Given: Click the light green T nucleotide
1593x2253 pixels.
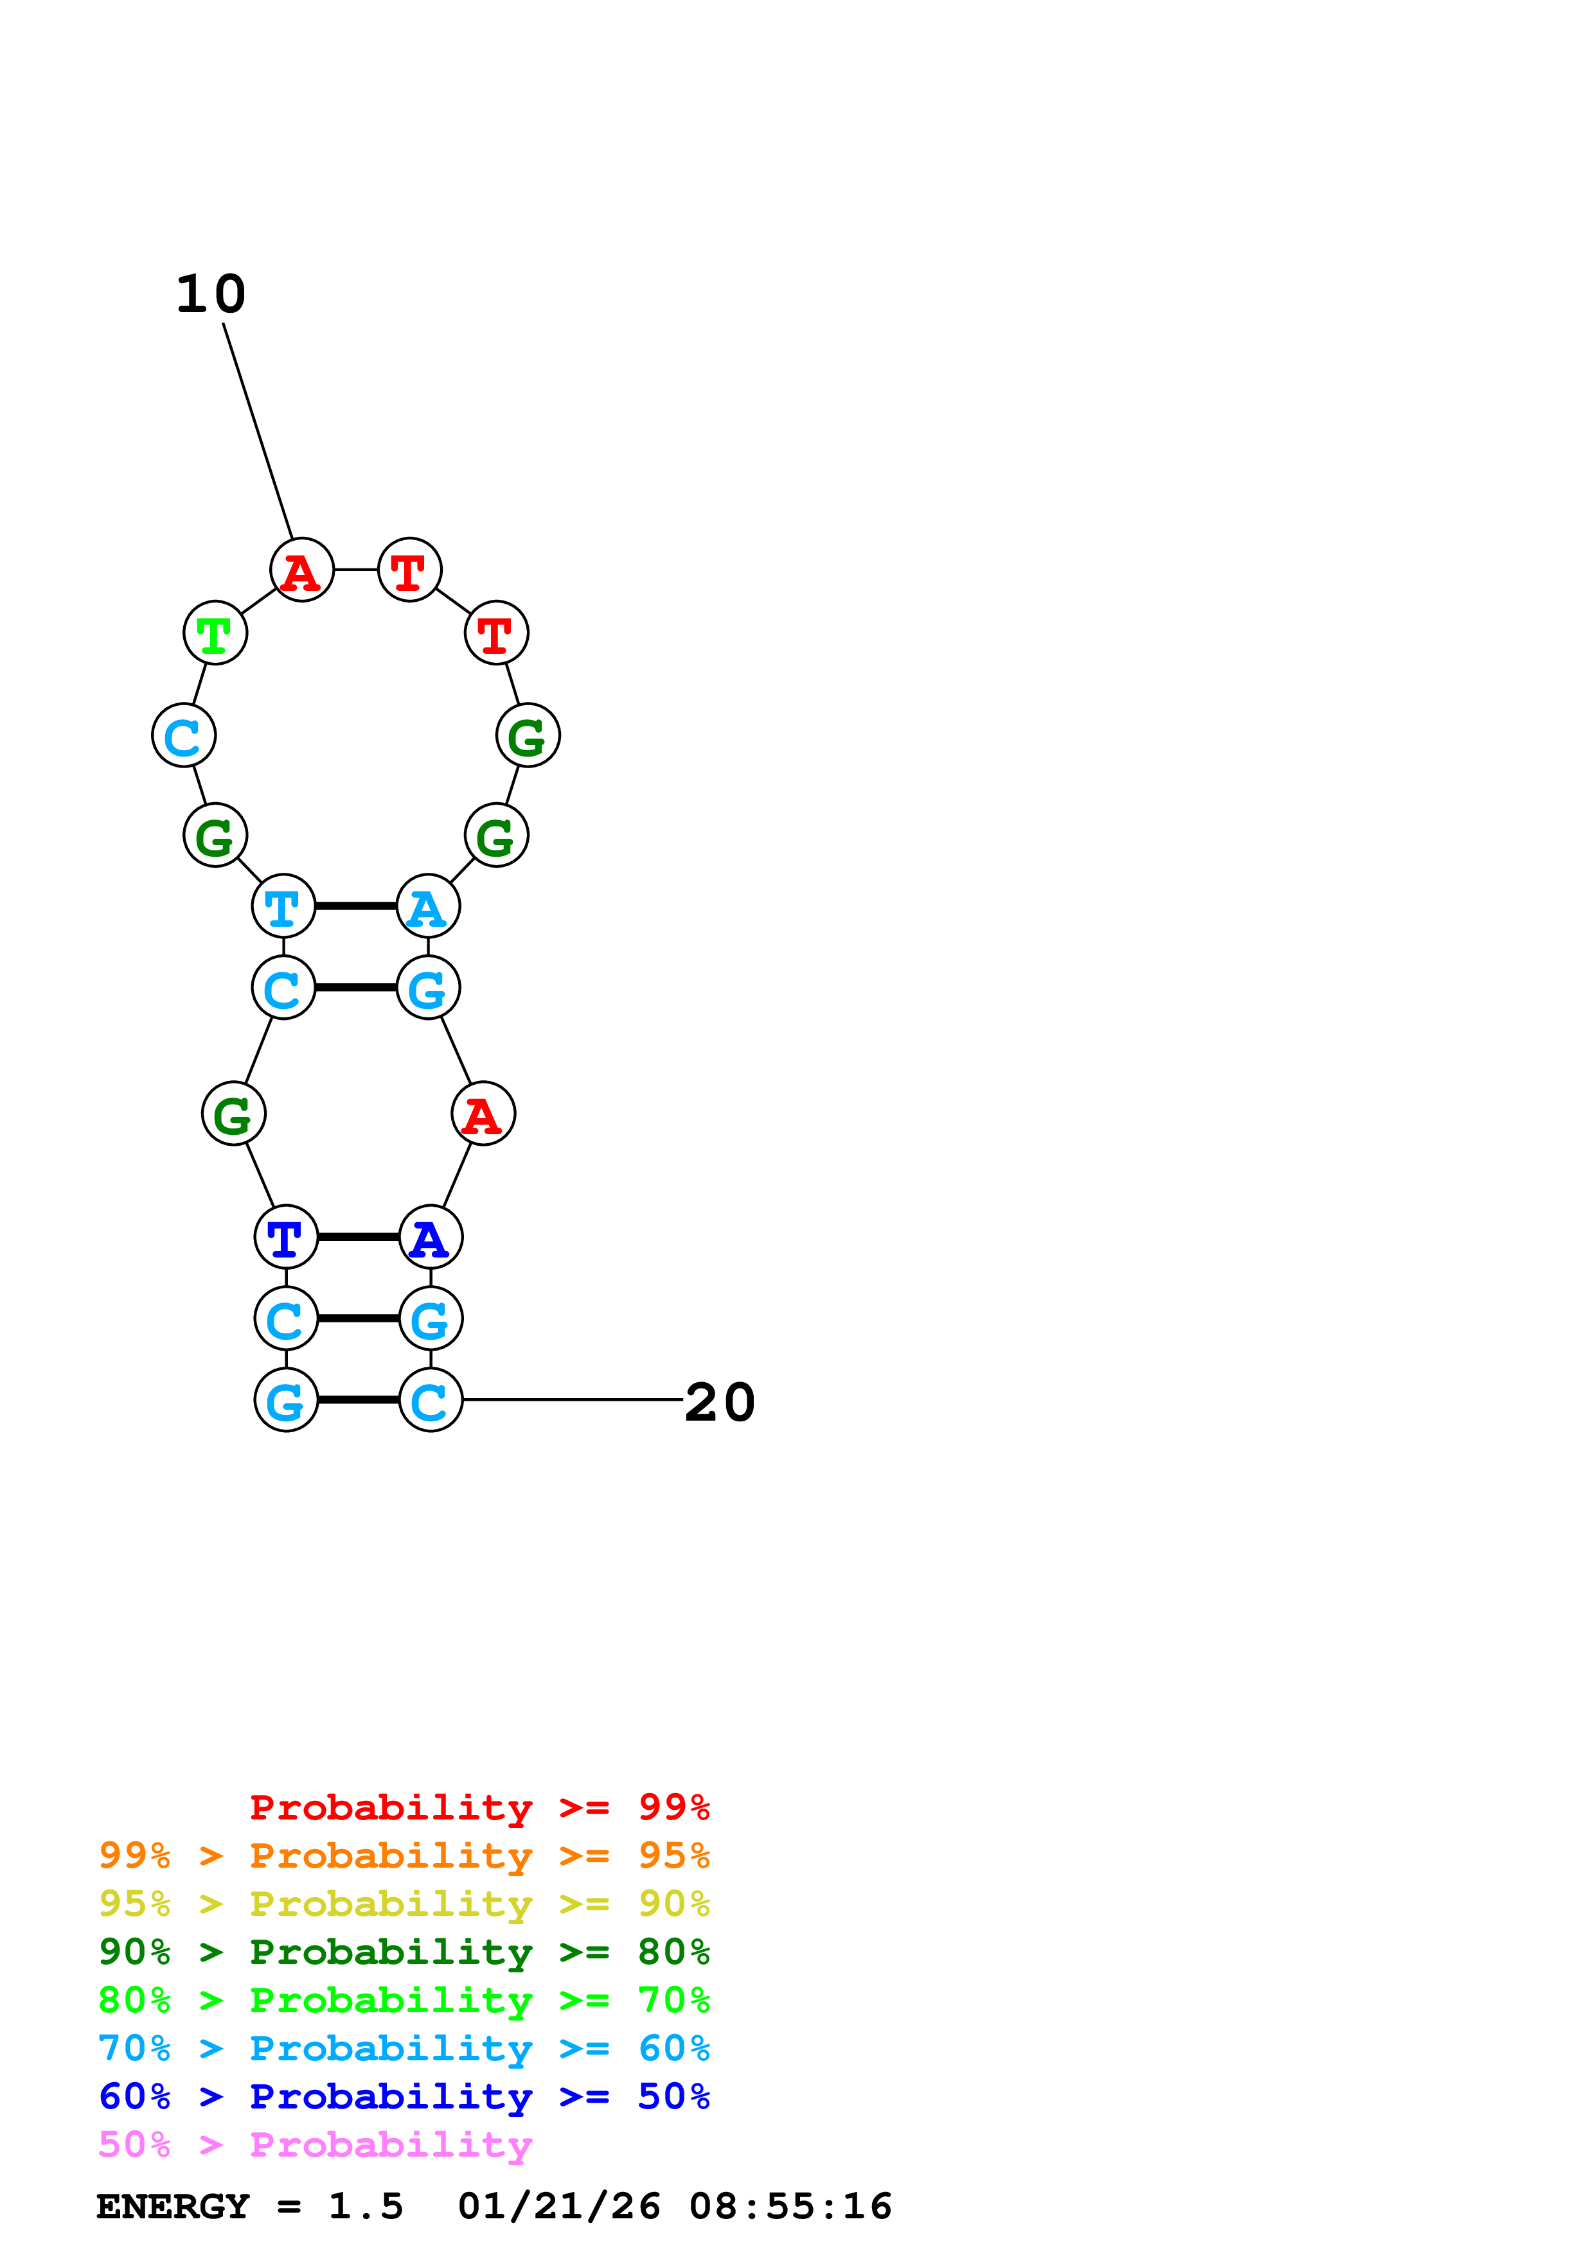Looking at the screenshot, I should coord(215,633).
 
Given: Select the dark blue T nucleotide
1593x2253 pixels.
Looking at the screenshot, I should coord(285,1238).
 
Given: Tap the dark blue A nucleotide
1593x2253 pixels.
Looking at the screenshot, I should coord(430,1238).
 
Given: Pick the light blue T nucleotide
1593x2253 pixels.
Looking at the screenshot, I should coord(283,906).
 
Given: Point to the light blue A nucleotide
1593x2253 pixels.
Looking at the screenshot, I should coord(428,906).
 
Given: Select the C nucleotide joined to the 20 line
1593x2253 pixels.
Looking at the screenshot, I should coord(430,1400).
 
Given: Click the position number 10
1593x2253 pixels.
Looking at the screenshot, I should coord(211,294).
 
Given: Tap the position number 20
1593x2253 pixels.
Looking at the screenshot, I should coord(720,1402).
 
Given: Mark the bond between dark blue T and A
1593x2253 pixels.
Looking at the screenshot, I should coord(359,1238).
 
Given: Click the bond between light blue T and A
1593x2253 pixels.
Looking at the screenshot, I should coord(355,906).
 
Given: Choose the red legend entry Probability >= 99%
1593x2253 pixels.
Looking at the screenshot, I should coord(479,1807).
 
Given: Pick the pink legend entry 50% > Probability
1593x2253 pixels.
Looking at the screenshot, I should coord(315,2145).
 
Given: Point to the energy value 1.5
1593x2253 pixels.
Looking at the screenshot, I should coord(365,2207).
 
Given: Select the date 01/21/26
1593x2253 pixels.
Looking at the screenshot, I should coord(558,2207).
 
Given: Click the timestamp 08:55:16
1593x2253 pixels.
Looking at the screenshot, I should coord(790,2207).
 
